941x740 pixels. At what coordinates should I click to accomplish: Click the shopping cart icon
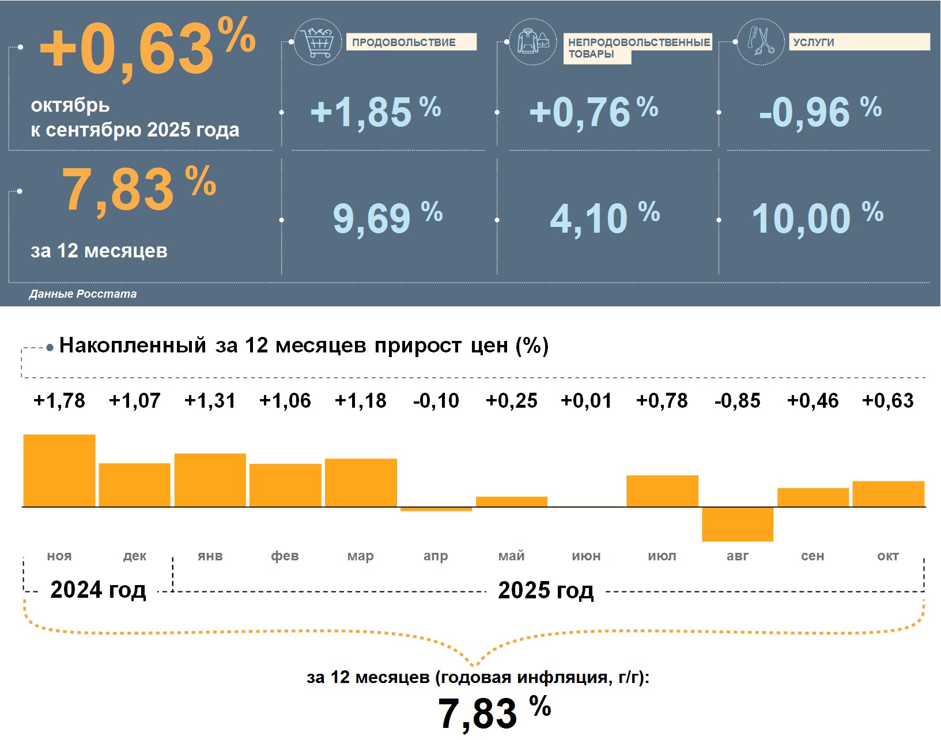click(317, 42)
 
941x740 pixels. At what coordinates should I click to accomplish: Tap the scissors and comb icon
click(761, 41)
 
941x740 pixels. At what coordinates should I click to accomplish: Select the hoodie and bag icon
click(533, 42)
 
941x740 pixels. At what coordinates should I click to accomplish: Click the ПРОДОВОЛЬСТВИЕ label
click(404, 42)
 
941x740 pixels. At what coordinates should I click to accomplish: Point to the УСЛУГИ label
click(813, 42)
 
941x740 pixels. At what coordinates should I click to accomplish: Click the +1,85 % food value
click(375, 111)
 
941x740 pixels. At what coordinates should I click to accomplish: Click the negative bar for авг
click(737, 524)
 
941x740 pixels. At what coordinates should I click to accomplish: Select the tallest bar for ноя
click(59, 470)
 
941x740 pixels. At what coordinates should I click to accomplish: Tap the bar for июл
click(662, 491)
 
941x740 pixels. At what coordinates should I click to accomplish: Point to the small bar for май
click(511, 501)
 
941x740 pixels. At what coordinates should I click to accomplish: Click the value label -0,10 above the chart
click(436, 400)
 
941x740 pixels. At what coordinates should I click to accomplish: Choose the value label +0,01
click(586, 400)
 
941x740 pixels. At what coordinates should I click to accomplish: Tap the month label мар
click(360, 556)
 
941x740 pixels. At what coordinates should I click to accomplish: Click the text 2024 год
click(98, 590)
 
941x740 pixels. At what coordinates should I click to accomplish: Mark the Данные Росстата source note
click(83, 294)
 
